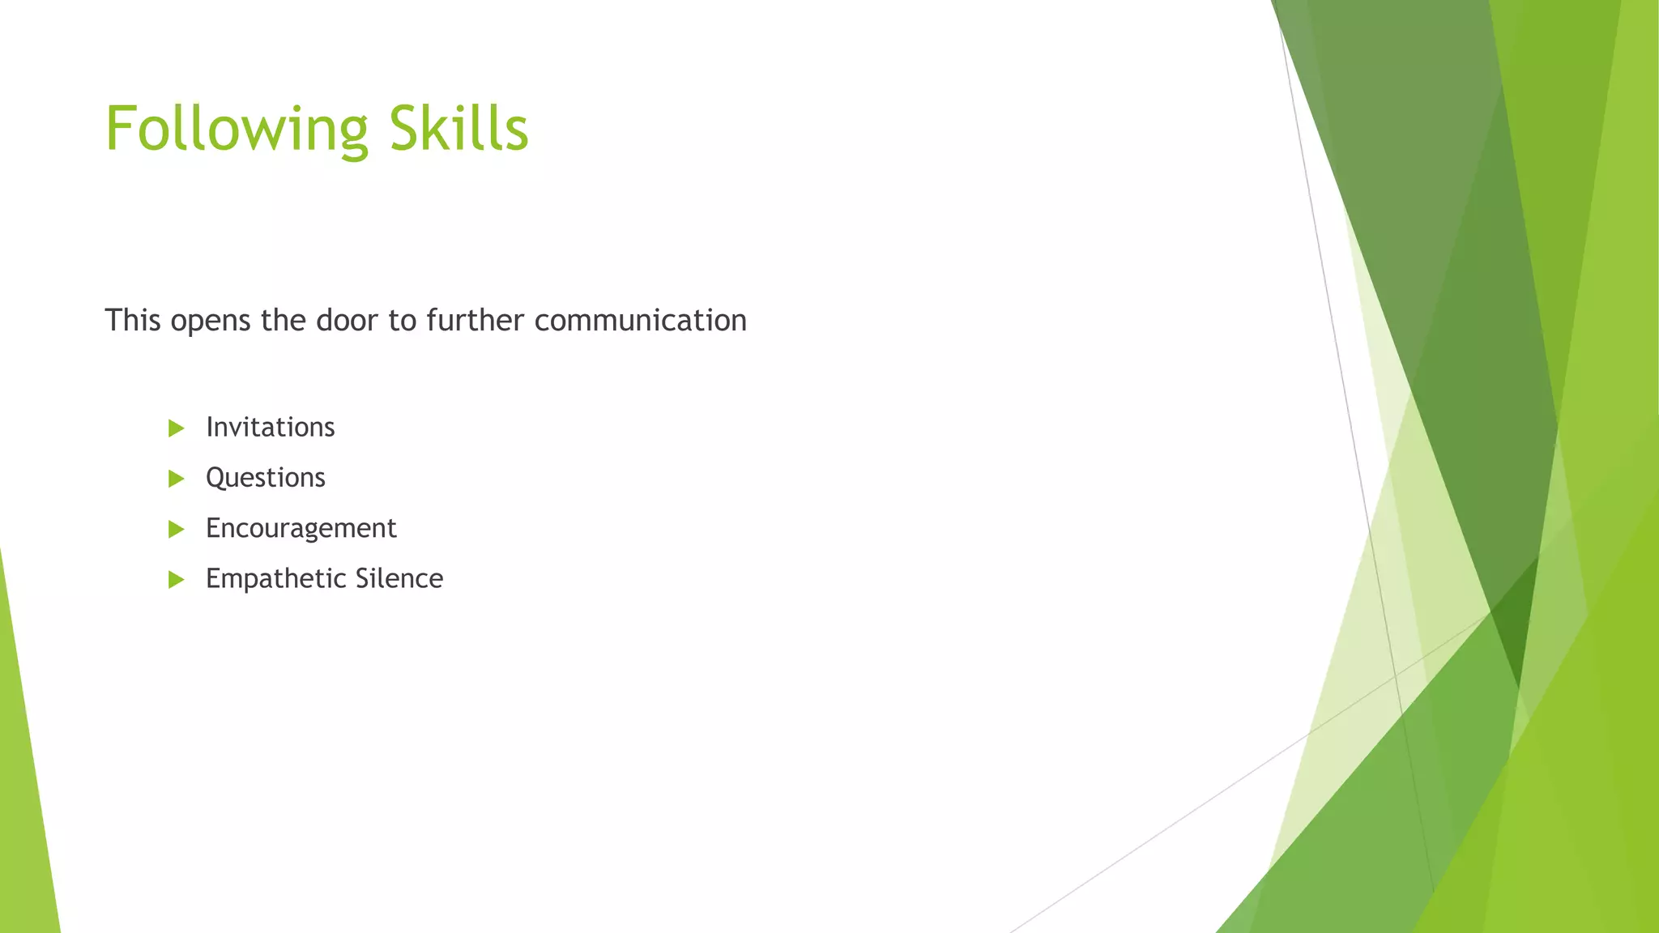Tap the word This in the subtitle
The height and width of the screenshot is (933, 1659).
click(133, 320)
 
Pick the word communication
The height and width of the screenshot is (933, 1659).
click(640, 320)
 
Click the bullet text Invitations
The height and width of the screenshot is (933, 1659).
click(270, 427)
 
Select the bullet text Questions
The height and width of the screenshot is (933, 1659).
click(265, 478)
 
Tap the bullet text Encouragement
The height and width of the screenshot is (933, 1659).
click(301, 528)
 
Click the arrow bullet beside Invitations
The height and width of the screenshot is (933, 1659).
click(176, 428)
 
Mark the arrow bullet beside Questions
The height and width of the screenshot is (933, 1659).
click(176, 479)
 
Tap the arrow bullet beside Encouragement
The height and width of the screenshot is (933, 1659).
click(176, 530)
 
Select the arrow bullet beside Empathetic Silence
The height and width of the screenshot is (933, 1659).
click(176, 580)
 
